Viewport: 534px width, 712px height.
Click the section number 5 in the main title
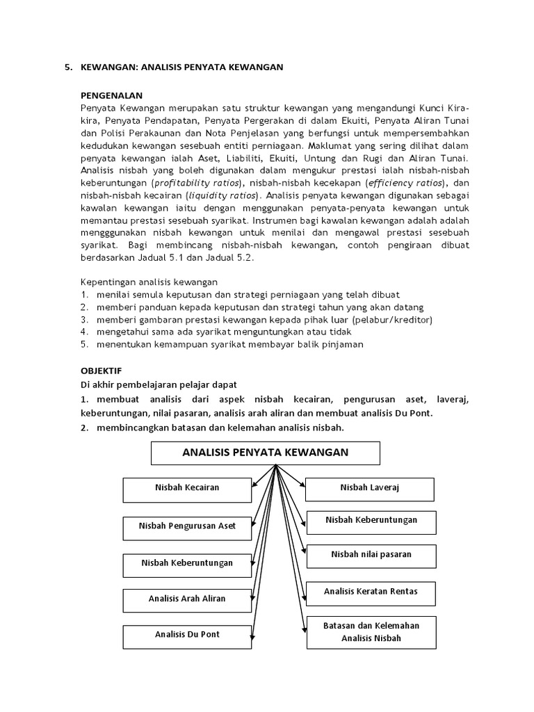67,67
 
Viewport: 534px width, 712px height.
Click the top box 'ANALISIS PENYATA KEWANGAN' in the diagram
265,453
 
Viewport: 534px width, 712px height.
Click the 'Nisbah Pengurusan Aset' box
187,526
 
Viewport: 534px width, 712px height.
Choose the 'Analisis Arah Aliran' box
187,599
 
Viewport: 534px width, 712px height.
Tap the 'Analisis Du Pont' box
187,635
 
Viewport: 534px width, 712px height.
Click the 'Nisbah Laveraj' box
370,489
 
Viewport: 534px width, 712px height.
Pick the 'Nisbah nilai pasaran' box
371,555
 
